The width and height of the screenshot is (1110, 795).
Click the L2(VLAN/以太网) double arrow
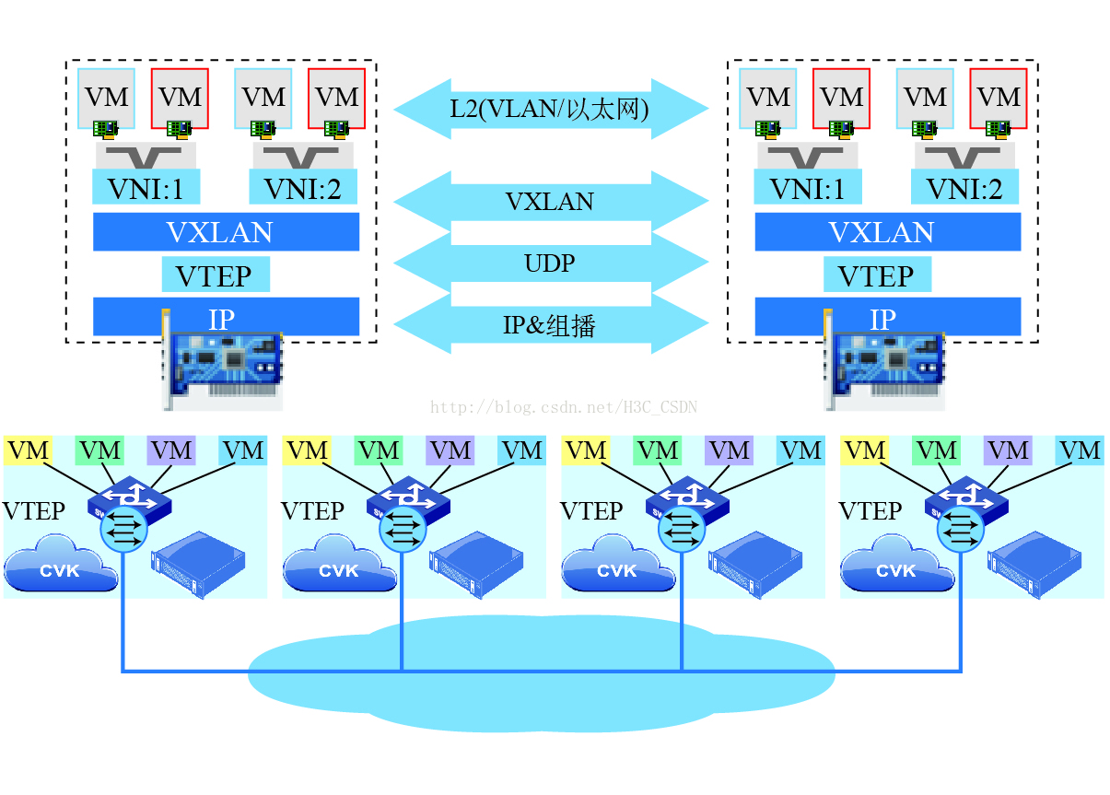click(x=550, y=109)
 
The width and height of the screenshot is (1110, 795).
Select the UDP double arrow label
click(x=550, y=263)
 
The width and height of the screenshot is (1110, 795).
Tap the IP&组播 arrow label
click(x=550, y=324)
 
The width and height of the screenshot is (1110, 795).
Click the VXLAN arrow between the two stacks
click(x=550, y=202)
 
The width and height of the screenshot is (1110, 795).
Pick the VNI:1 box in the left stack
click(x=146, y=189)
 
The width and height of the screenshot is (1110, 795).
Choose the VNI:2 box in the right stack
click(x=964, y=189)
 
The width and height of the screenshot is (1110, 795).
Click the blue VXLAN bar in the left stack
click(x=226, y=232)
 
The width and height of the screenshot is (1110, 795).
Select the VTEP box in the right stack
click(x=877, y=275)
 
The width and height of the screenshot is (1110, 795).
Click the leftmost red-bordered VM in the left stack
click(x=181, y=98)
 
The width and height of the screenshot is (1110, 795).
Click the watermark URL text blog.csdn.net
click(x=564, y=406)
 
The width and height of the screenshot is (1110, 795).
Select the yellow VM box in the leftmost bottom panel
click(x=29, y=450)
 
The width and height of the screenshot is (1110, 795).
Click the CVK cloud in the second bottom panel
click(x=338, y=567)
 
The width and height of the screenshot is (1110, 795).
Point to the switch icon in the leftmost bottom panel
click(x=129, y=502)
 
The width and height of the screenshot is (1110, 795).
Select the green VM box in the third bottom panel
click(x=658, y=450)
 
